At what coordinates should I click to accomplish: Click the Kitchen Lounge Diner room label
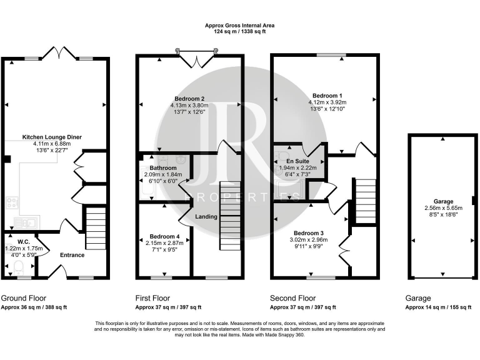[x=52, y=137]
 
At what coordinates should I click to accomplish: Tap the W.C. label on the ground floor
[x=24, y=242]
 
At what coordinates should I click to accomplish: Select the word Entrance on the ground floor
[x=72, y=255]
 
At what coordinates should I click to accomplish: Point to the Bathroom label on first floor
[x=162, y=168]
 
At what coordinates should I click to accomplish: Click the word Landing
[x=206, y=217]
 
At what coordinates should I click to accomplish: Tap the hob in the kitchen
[x=12, y=202]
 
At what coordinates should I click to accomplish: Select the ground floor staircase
[x=95, y=222]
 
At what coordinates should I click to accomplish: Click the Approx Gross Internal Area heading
[x=239, y=26]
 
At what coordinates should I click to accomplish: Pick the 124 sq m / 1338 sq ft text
[x=239, y=32]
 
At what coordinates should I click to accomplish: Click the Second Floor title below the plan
[x=292, y=298]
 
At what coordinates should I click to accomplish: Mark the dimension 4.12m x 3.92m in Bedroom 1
[x=327, y=102]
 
